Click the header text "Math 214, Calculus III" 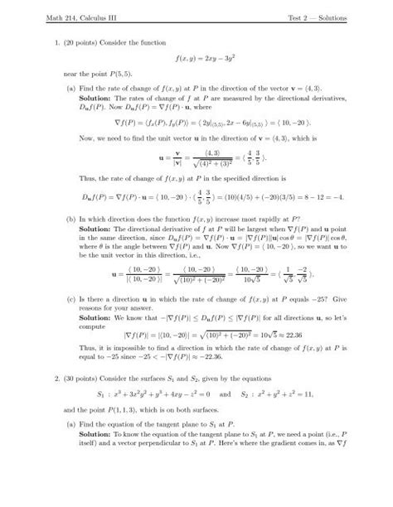(69, 17)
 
